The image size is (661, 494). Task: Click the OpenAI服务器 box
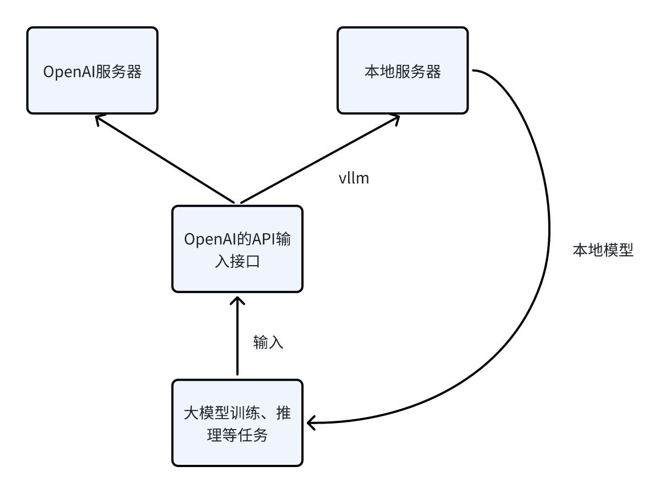tap(92, 70)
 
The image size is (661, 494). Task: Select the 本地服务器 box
tap(402, 70)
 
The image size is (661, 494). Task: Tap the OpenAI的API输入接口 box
tap(237, 249)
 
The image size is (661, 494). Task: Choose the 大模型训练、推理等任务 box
tap(237, 422)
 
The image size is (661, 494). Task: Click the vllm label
tap(353, 178)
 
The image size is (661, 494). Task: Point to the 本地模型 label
tap(603, 251)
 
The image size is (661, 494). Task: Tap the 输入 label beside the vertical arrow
tap(268, 342)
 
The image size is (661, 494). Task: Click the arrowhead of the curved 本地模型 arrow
tap(312, 422)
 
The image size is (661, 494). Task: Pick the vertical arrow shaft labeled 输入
tap(237, 341)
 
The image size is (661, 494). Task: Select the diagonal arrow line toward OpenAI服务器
tap(165, 160)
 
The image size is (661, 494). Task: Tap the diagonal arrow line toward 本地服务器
tap(319, 160)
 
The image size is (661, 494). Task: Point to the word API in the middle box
tap(266, 240)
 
